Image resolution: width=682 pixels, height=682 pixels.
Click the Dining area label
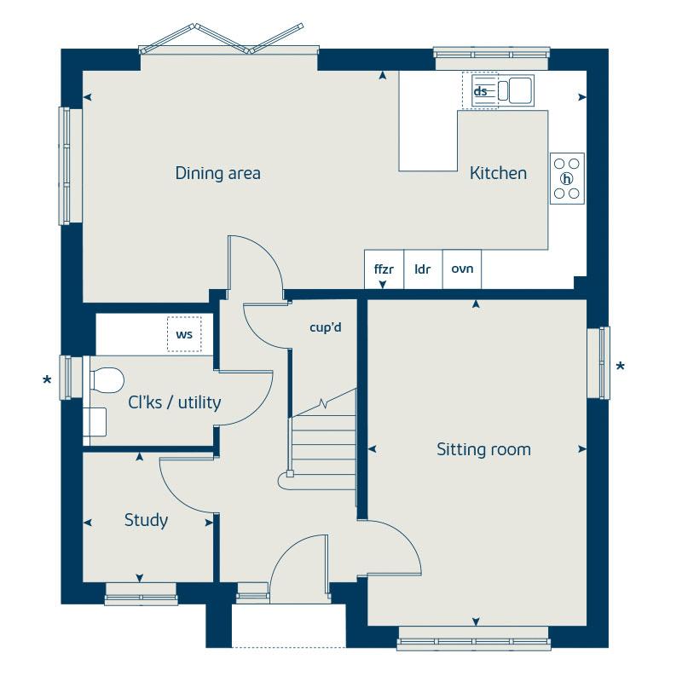[x=218, y=173]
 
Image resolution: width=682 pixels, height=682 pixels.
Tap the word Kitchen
[x=498, y=173]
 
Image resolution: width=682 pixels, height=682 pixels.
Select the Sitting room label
[x=483, y=449]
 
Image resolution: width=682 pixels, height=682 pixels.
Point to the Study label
[x=146, y=520]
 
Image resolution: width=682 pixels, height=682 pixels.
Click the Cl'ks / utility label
[x=175, y=402]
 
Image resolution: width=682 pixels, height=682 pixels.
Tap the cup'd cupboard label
[x=326, y=327]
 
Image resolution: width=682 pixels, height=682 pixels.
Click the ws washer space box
[x=184, y=334]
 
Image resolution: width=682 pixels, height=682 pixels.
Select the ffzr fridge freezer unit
[x=384, y=269]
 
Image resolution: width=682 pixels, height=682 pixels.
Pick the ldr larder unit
[x=423, y=269]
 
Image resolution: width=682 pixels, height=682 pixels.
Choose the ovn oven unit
[x=462, y=269]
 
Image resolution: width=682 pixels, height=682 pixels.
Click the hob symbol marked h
[x=567, y=178]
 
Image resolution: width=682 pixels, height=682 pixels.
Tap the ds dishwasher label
[x=480, y=91]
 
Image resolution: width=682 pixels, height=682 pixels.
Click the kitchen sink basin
[x=520, y=90]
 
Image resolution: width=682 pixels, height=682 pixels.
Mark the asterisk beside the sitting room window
[x=621, y=367]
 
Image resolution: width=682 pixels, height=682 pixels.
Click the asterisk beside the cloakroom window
[x=47, y=380]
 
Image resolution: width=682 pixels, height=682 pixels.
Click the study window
[x=142, y=593]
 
